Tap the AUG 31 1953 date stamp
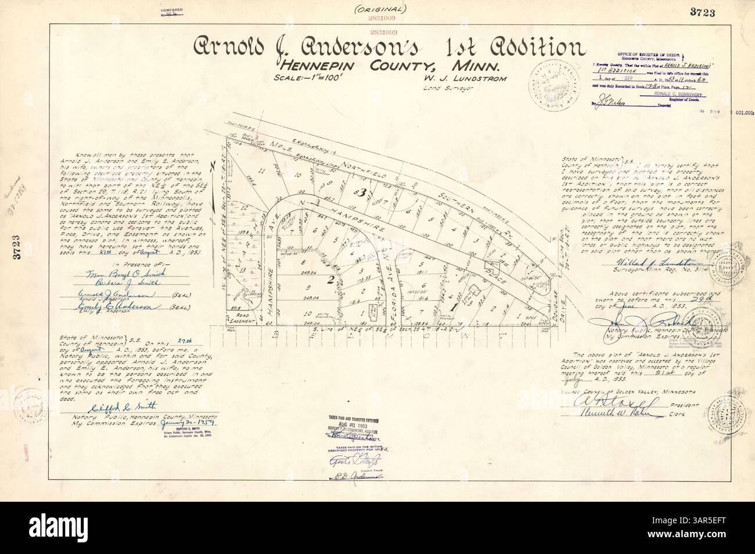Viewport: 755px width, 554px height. tap(350, 426)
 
